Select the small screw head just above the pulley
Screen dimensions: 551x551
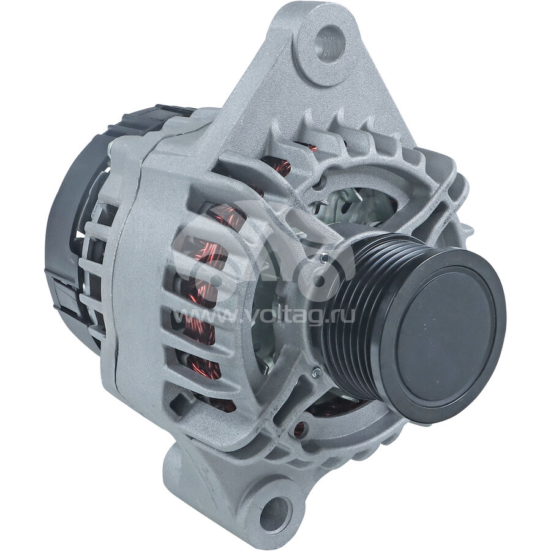tap(323, 260)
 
